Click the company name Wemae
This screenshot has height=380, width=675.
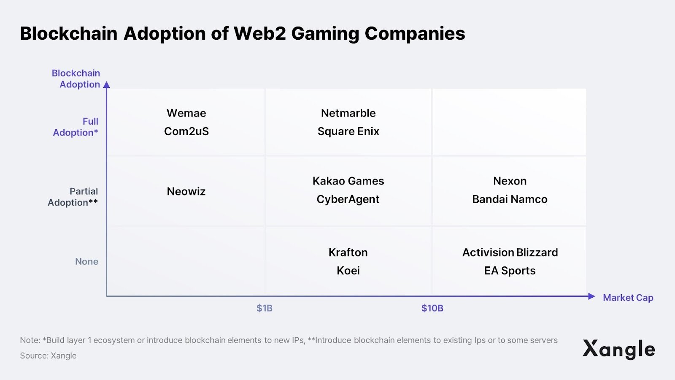[x=186, y=113]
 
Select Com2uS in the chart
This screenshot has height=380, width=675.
[x=186, y=131]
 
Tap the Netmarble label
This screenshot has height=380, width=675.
[x=348, y=113]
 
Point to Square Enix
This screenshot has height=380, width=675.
[x=348, y=131]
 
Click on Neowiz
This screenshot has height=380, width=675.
[x=186, y=191]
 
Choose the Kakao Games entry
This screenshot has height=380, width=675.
[x=348, y=181]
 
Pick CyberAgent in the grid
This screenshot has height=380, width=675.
[x=348, y=199]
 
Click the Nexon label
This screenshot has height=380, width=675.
[x=510, y=181]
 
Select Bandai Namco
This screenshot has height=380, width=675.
[x=510, y=199]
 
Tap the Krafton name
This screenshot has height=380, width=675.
[x=348, y=252]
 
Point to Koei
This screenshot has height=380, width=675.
[x=348, y=271]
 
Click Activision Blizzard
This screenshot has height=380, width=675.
[x=510, y=252]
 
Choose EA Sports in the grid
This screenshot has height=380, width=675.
[x=510, y=271]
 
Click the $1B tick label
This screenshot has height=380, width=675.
[x=265, y=308]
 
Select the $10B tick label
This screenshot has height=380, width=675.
[x=432, y=308]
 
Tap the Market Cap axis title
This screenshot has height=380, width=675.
[x=628, y=298]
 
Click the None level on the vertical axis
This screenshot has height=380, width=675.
[x=86, y=261]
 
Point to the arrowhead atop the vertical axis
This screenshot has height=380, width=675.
[x=107, y=85]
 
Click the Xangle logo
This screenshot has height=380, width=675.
[x=618, y=349]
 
